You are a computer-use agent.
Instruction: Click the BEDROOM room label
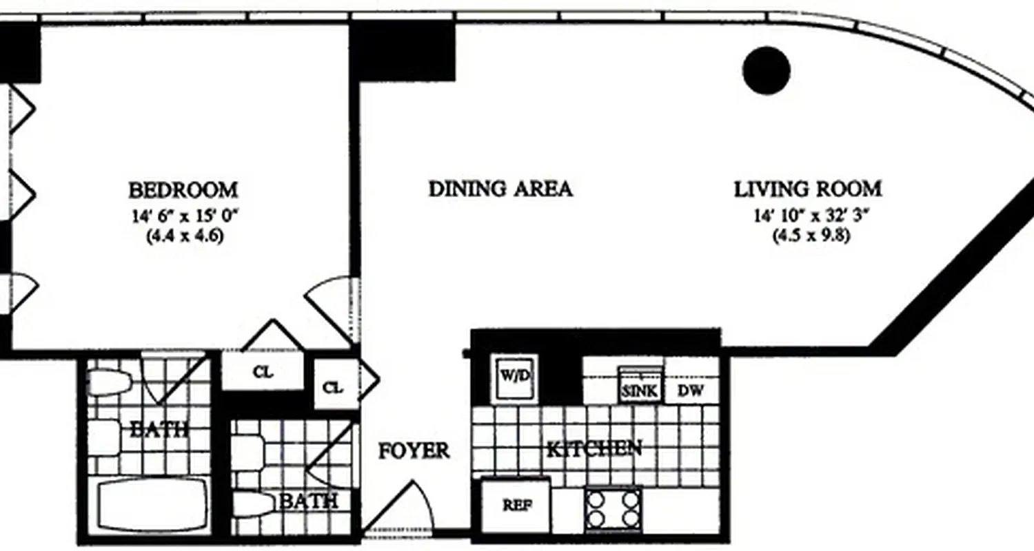[183, 189]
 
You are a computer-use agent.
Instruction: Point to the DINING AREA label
[500, 189]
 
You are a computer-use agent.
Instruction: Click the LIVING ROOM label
[807, 189]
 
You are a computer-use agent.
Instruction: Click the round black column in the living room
[767, 70]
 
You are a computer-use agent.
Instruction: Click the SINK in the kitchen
[640, 390]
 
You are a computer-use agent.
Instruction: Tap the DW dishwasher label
[690, 391]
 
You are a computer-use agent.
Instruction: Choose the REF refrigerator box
[516, 505]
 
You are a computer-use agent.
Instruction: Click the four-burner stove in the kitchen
[613, 509]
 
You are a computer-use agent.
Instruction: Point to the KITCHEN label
[594, 449]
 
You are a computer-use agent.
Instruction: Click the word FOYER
[414, 451]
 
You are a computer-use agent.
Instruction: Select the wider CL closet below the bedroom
[263, 372]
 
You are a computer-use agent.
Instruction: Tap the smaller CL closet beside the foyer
[334, 388]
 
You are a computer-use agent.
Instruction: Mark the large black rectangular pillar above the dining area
[403, 50]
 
